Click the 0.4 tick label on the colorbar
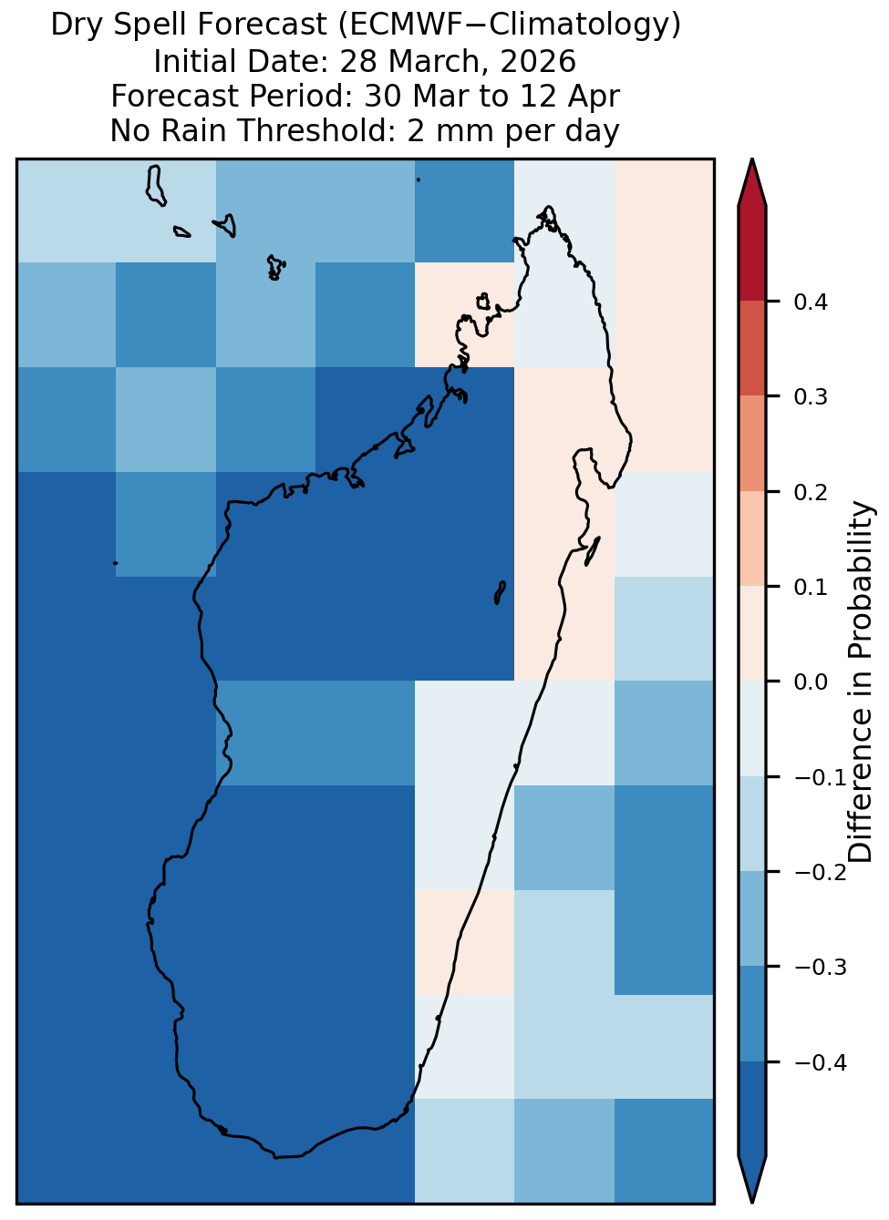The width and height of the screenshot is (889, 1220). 810,302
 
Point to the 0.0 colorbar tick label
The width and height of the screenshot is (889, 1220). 810,682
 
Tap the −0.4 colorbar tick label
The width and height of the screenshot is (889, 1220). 821,1062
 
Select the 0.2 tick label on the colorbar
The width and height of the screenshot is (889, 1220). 810,492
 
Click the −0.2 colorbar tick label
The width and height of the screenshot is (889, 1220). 821,872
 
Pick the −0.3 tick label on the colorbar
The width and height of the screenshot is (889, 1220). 821,967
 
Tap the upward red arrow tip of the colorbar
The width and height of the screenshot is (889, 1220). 751,159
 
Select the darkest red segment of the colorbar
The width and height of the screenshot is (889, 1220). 751,254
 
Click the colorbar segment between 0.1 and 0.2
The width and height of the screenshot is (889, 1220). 751,539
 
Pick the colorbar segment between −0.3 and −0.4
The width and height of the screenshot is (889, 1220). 751,1014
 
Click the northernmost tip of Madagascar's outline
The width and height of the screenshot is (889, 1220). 548,207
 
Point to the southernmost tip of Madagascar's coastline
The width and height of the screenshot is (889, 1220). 275,1158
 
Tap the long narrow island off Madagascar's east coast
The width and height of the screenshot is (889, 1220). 593,551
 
